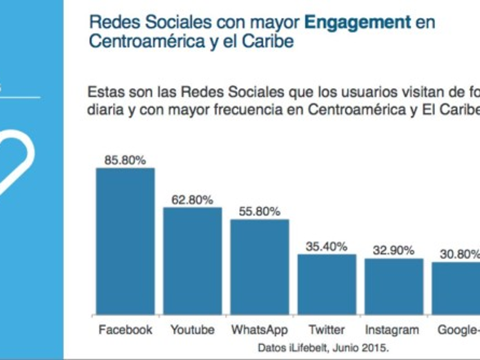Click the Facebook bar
pyautogui.click(x=125, y=241)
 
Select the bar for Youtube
pyautogui.click(x=192, y=261)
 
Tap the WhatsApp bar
pyautogui.click(x=260, y=267)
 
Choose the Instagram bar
pyautogui.click(x=394, y=286)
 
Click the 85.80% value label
pyautogui.click(x=125, y=160)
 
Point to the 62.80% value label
pyautogui.click(x=192, y=200)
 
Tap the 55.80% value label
pyautogui.click(x=260, y=212)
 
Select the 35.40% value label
pyautogui.click(x=326, y=246)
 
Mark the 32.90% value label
pyautogui.click(x=394, y=251)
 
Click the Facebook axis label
pyautogui.click(x=125, y=330)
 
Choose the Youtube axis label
pyautogui.click(x=192, y=330)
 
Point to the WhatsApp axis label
pyautogui.click(x=260, y=330)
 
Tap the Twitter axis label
pyautogui.click(x=326, y=330)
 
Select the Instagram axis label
pyautogui.click(x=392, y=330)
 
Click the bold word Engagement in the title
pyautogui.click(x=357, y=23)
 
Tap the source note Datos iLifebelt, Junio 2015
pyautogui.click(x=323, y=348)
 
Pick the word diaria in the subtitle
pyautogui.click(x=105, y=110)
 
